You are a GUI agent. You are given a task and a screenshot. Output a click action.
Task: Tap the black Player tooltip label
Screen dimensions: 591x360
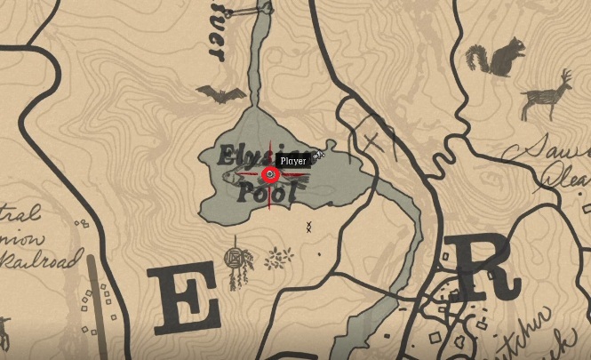pos(292,161)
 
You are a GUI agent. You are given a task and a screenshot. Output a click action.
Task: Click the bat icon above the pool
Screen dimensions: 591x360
pos(222,94)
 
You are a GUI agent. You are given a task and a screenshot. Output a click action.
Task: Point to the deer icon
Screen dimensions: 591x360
pos(545,95)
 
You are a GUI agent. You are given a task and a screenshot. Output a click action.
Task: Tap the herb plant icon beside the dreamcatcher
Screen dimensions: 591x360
pos(279,259)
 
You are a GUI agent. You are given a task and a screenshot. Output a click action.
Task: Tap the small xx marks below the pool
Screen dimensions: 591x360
pos(308,227)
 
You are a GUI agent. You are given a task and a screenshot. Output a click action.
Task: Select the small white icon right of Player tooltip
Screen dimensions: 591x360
pos(318,156)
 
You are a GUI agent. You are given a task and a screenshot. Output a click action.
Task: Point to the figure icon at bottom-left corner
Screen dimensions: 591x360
pos(5,333)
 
